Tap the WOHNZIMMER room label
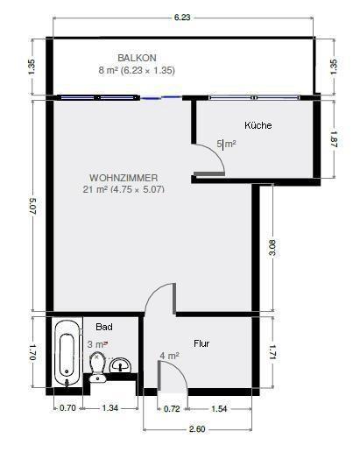(x=124, y=177)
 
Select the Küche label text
(x=258, y=125)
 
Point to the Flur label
(x=202, y=343)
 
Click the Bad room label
(x=104, y=326)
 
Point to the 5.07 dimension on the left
(x=32, y=207)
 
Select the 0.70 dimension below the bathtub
(x=67, y=408)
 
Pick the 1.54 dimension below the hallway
(x=219, y=408)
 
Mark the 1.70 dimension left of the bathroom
(x=32, y=352)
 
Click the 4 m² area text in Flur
(x=169, y=356)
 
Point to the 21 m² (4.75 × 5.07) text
(x=124, y=189)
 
